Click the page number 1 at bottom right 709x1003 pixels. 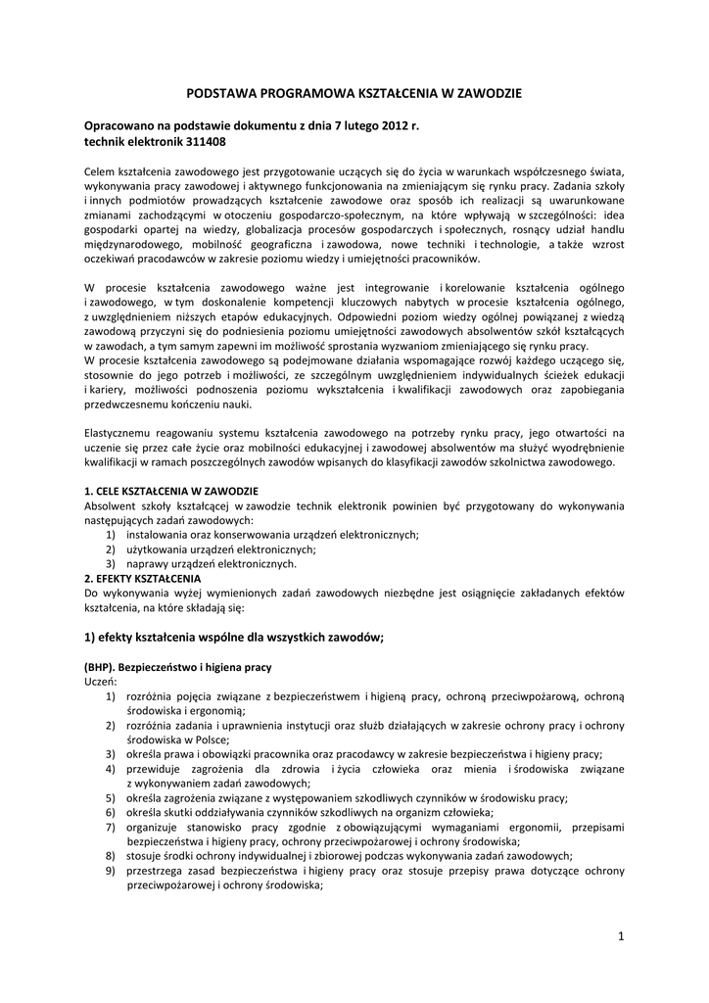click(621, 937)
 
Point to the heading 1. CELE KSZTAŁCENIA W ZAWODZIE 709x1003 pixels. click(171, 490)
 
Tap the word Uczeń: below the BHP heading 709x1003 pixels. click(101, 681)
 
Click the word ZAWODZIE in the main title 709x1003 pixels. click(485, 93)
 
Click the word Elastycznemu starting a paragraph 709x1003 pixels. click(121, 432)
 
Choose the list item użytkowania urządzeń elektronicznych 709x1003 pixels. click(220, 549)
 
